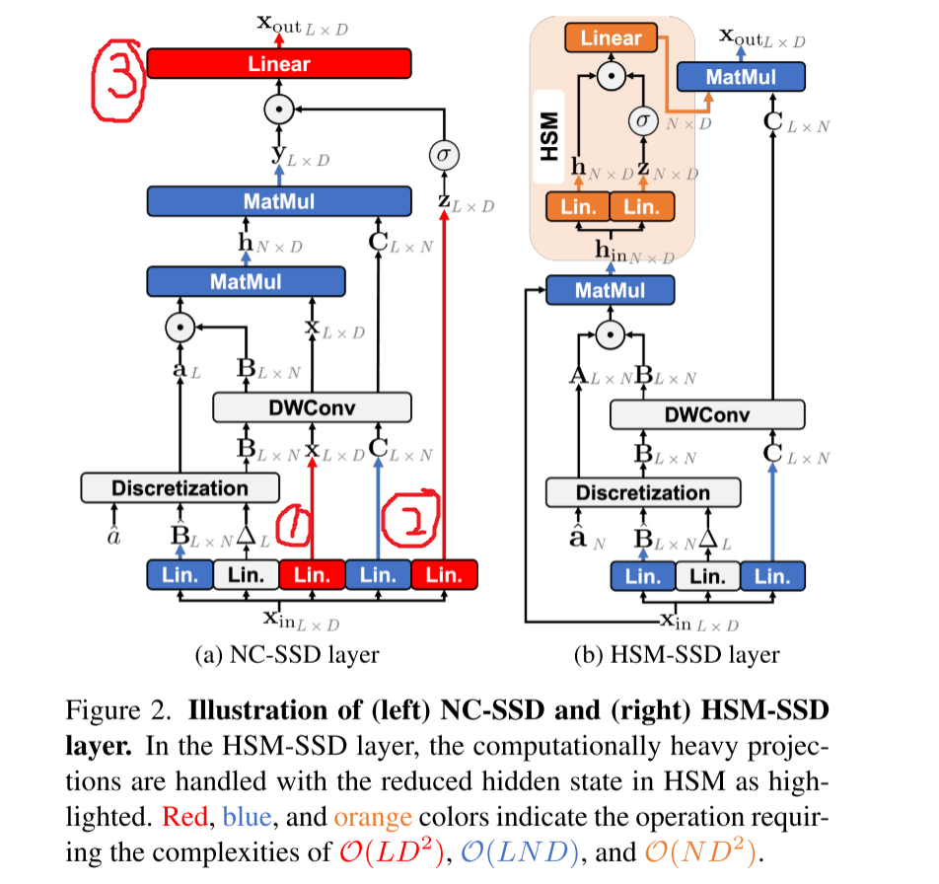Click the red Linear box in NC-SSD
click(279, 64)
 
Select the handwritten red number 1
click(293, 530)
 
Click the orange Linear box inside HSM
click(611, 39)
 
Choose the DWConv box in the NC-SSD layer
click(311, 406)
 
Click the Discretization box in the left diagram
click(180, 488)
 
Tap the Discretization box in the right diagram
click(642, 492)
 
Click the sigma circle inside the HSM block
click(643, 119)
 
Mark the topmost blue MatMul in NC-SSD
click(278, 201)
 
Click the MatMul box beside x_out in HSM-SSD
click(742, 76)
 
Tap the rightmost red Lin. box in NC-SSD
click(444, 574)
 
